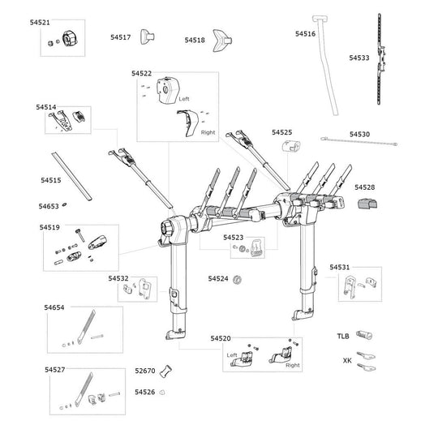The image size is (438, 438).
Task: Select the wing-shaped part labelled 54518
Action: click(x=221, y=40)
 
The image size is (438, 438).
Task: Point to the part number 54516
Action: click(x=305, y=34)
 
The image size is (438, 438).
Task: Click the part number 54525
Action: click(x=282, y=131)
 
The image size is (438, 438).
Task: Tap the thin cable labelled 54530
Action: click(x=358, y=144)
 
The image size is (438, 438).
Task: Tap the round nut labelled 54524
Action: click(x=237, y=280)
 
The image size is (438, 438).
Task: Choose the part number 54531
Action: click(x=339, y=267)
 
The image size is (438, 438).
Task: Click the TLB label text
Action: click(x=344, y=335)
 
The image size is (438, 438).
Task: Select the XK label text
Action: click(x=347, y=359)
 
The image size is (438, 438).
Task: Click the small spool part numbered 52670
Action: click(x=167, y=371)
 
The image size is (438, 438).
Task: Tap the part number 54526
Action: click(x=144, y=393)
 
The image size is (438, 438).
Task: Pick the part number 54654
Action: click(x=54, y=307)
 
